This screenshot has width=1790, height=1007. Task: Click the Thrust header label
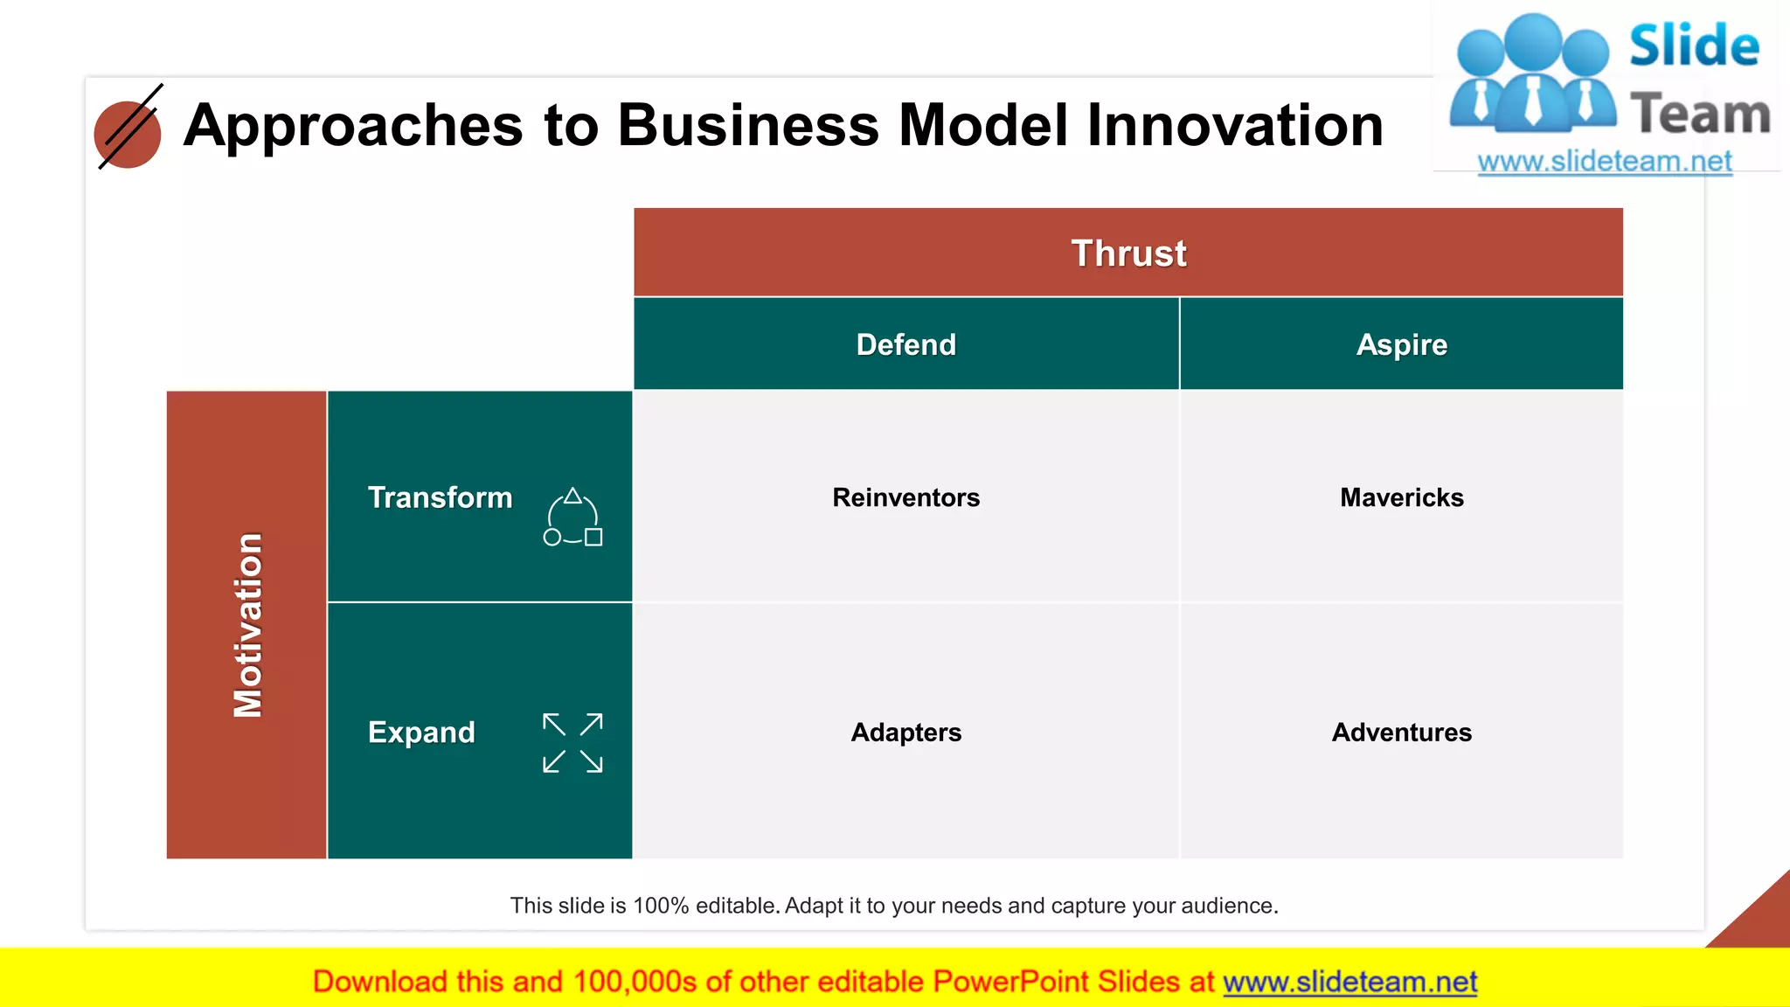[1128, 253]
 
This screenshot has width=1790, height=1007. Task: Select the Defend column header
[905, 344]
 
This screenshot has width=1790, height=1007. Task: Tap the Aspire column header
[1401, 344]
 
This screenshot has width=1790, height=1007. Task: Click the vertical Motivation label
[247, 625]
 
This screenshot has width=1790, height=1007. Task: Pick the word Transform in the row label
[440, 497]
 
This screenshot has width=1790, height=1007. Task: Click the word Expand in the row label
[421, 732]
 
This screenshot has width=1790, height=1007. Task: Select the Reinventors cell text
[905, 497]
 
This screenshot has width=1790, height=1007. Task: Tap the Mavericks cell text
[1401, 497]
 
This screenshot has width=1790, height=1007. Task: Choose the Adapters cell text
[905, 732]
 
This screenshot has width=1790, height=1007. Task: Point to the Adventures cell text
[1401, 732]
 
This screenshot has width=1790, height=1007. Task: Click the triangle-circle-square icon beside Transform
[572, 517]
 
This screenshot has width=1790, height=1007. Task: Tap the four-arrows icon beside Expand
[572, 742]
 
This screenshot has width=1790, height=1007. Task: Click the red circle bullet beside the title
[128, 135]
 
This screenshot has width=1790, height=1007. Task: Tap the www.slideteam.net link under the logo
[1604, 161]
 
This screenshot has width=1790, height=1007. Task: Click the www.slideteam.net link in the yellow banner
[1349, 982]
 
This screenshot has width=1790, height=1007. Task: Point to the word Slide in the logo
[1693, 45]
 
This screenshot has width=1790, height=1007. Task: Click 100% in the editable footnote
[661, 906]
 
